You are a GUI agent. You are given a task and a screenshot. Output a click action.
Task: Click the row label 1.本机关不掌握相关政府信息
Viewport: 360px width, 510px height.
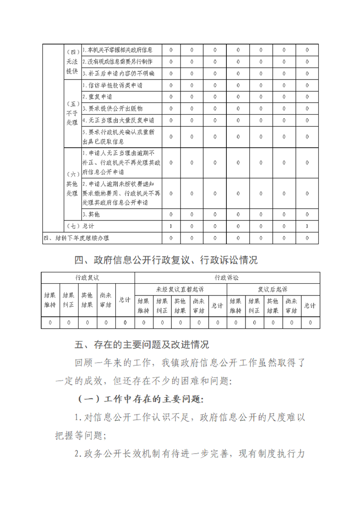[117, 50]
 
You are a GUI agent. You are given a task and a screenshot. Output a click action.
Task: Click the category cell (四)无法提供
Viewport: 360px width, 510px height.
[72, 61]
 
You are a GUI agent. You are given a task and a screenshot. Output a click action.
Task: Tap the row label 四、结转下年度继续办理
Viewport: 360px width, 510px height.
[76, 238]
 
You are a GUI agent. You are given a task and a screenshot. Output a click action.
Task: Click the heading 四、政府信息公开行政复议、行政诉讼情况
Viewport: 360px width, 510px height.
[166, 260]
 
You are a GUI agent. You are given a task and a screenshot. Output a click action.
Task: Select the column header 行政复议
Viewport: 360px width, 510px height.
[87, 277]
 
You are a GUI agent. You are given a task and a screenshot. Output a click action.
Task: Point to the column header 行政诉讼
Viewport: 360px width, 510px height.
[227, 277]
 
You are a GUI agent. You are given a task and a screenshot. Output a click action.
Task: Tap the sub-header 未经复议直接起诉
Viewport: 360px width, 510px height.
[180, 289]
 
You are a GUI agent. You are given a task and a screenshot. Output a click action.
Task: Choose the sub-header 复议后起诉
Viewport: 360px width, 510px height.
[273, 289]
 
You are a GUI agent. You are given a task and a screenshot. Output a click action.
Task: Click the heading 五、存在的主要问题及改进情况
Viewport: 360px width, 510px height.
[142, 345]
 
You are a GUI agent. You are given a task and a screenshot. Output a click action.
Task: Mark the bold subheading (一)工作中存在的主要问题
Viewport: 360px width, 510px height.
[141, 399]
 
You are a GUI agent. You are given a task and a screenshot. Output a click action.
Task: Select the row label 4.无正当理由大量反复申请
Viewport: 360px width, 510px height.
[118, 120]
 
